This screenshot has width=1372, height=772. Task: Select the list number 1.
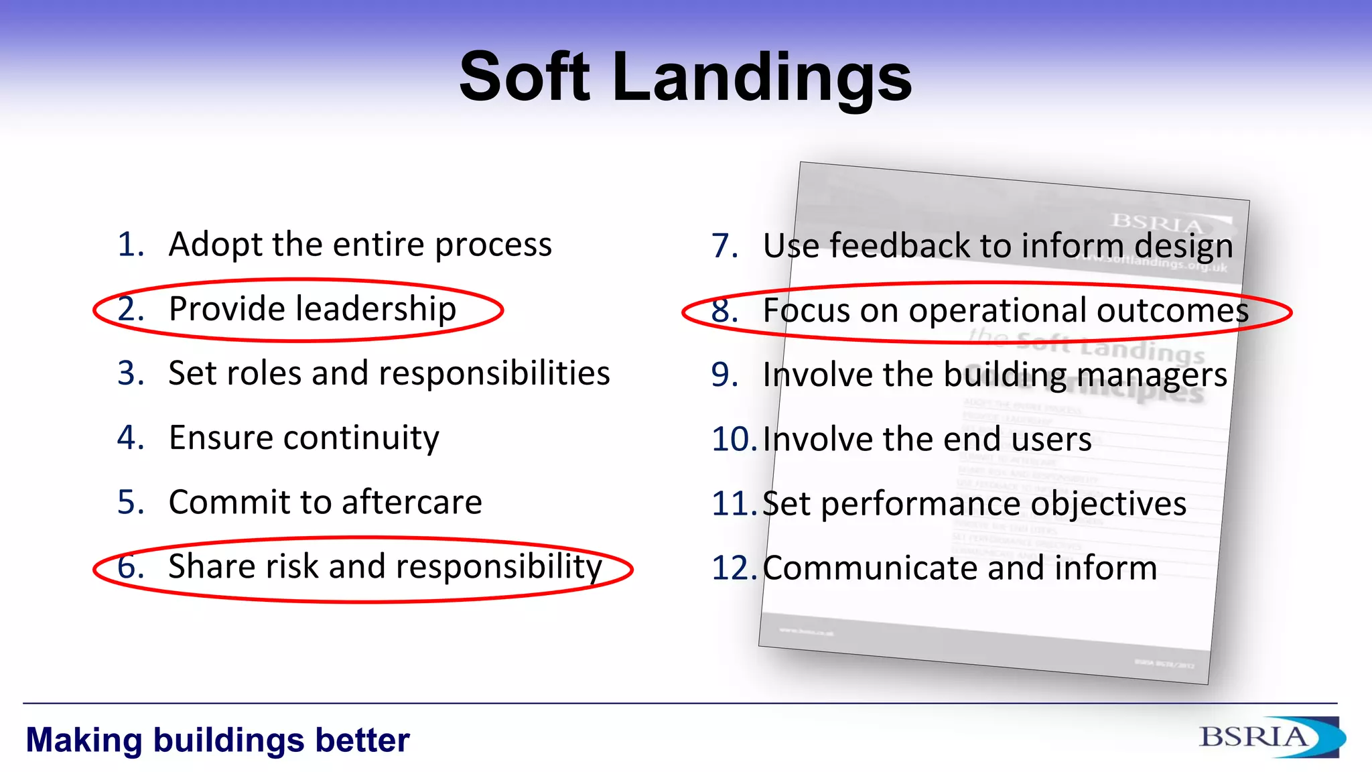point(131,244)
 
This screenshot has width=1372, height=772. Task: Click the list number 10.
point(734,440)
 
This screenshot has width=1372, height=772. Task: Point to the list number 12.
point(734,568)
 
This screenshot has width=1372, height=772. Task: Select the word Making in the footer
point(84,741)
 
